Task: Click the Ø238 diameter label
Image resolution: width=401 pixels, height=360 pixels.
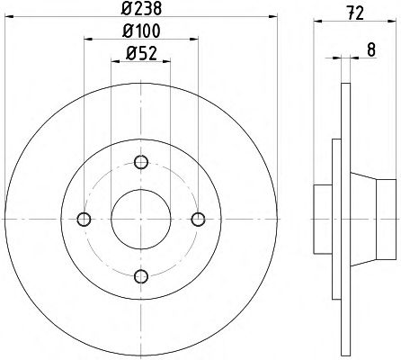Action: (x=141, y=9)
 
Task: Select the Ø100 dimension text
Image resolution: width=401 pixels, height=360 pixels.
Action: (x=141, y=31)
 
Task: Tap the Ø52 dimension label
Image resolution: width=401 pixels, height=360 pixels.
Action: (x=141, y=54)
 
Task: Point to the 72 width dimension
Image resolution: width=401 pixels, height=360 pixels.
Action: (x=356, y=13)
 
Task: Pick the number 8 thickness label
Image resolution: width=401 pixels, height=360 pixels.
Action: (x=371, y=49)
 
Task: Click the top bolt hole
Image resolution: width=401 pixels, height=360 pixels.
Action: (x=141, y=162)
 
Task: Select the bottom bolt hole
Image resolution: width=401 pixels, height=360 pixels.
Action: (x=141, y=276)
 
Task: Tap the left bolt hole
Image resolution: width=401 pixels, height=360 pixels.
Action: (x=84, y=220)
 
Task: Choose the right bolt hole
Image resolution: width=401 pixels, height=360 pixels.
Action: (x=198, y=220)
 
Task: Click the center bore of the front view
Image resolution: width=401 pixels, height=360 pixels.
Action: (x=141, y=220)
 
